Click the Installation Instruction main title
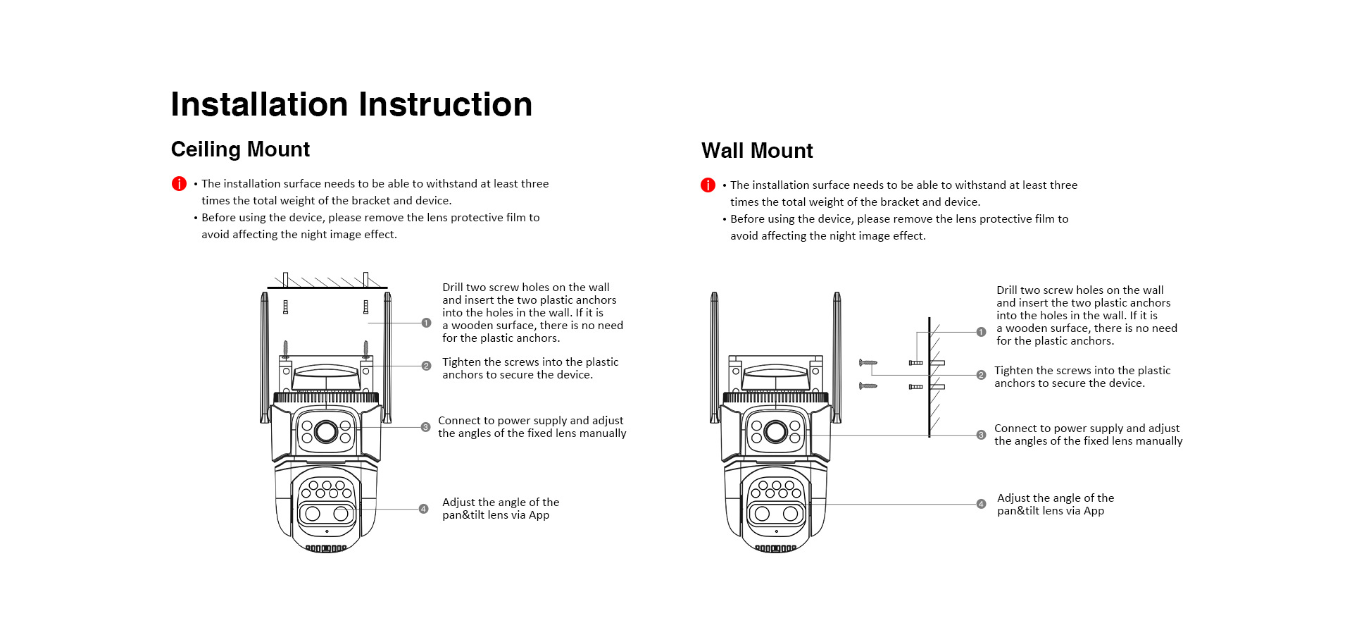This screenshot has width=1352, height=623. point(351,104)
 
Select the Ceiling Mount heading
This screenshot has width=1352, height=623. point(240,149)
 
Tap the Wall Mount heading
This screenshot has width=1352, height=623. point(757,151)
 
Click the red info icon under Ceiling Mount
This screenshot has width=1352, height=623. point(179,184)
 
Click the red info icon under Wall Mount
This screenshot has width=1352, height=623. point(708,185)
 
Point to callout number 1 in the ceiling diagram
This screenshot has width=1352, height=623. point(426,323)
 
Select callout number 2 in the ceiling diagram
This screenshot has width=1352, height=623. point(426,366)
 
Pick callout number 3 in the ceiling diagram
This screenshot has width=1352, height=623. point(425,427)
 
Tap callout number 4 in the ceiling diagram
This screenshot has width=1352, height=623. point(423,509)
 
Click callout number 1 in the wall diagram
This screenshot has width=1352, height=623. point(981,332)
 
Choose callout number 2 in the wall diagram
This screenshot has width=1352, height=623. point(981,375)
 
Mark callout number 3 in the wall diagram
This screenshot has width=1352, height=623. point(981,435)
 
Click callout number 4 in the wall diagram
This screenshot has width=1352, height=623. point(981,504)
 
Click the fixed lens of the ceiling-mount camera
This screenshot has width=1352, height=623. point(326,431)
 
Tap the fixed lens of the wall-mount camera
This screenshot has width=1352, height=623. point(775,431)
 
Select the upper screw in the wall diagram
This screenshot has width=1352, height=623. point(868,363)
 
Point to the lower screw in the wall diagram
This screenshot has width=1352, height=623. point(868,385)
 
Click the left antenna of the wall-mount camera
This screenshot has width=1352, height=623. point(714,356)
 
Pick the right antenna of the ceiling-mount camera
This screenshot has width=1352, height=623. point(387,356)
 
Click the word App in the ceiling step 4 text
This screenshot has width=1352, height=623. point(539,515)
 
